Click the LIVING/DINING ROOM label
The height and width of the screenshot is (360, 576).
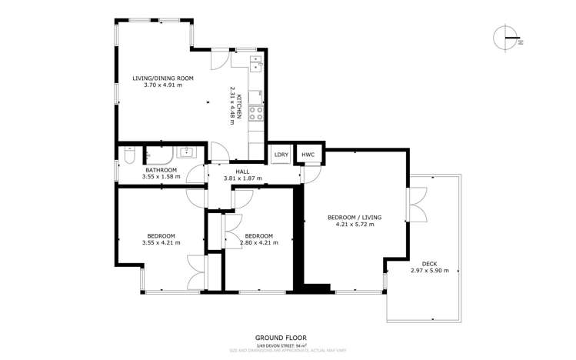(x=162, y=78)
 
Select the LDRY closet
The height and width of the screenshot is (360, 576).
(x=281, y=155)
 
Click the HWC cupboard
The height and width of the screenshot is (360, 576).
(x=308, y=155)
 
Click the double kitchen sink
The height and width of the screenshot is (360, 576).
(x=256, y=62)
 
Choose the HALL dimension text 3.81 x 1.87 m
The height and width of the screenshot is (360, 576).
(x=243, y=178)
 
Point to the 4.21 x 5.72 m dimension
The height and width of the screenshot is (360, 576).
(x=355, y=225)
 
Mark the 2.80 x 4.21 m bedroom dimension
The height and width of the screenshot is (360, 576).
(x=258, y=243)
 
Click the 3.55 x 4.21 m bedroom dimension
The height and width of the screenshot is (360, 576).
(x=161, y=243)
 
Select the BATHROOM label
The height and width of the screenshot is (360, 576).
(x=161, y=170)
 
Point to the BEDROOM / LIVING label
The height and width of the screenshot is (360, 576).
(x=355, y=218)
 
